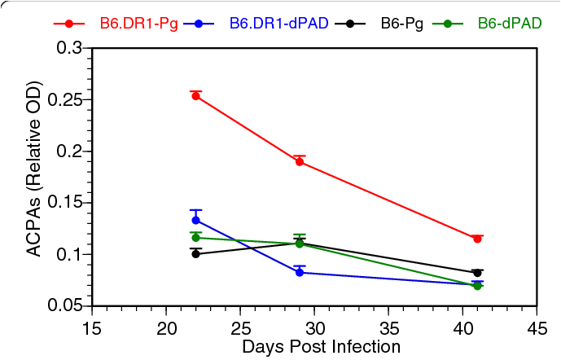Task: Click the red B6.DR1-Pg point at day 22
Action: (195, 96)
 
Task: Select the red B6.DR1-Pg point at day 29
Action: (300, 162)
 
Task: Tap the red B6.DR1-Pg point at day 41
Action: (477, 239)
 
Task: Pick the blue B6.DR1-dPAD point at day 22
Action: (195, 220)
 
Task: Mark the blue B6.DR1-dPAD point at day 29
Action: (300, 273)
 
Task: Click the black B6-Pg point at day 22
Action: (195, 253)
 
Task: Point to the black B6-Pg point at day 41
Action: (477, 273)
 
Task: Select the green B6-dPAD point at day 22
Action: (195, 238)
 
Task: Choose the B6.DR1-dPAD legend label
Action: (278, 23)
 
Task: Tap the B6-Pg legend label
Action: (404, 23)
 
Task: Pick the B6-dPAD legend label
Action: (509, 23)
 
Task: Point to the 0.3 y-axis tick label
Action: (70, 49)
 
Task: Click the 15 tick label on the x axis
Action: (92, 329)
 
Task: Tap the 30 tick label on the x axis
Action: (314, 329)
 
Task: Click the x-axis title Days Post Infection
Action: (321, 347)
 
